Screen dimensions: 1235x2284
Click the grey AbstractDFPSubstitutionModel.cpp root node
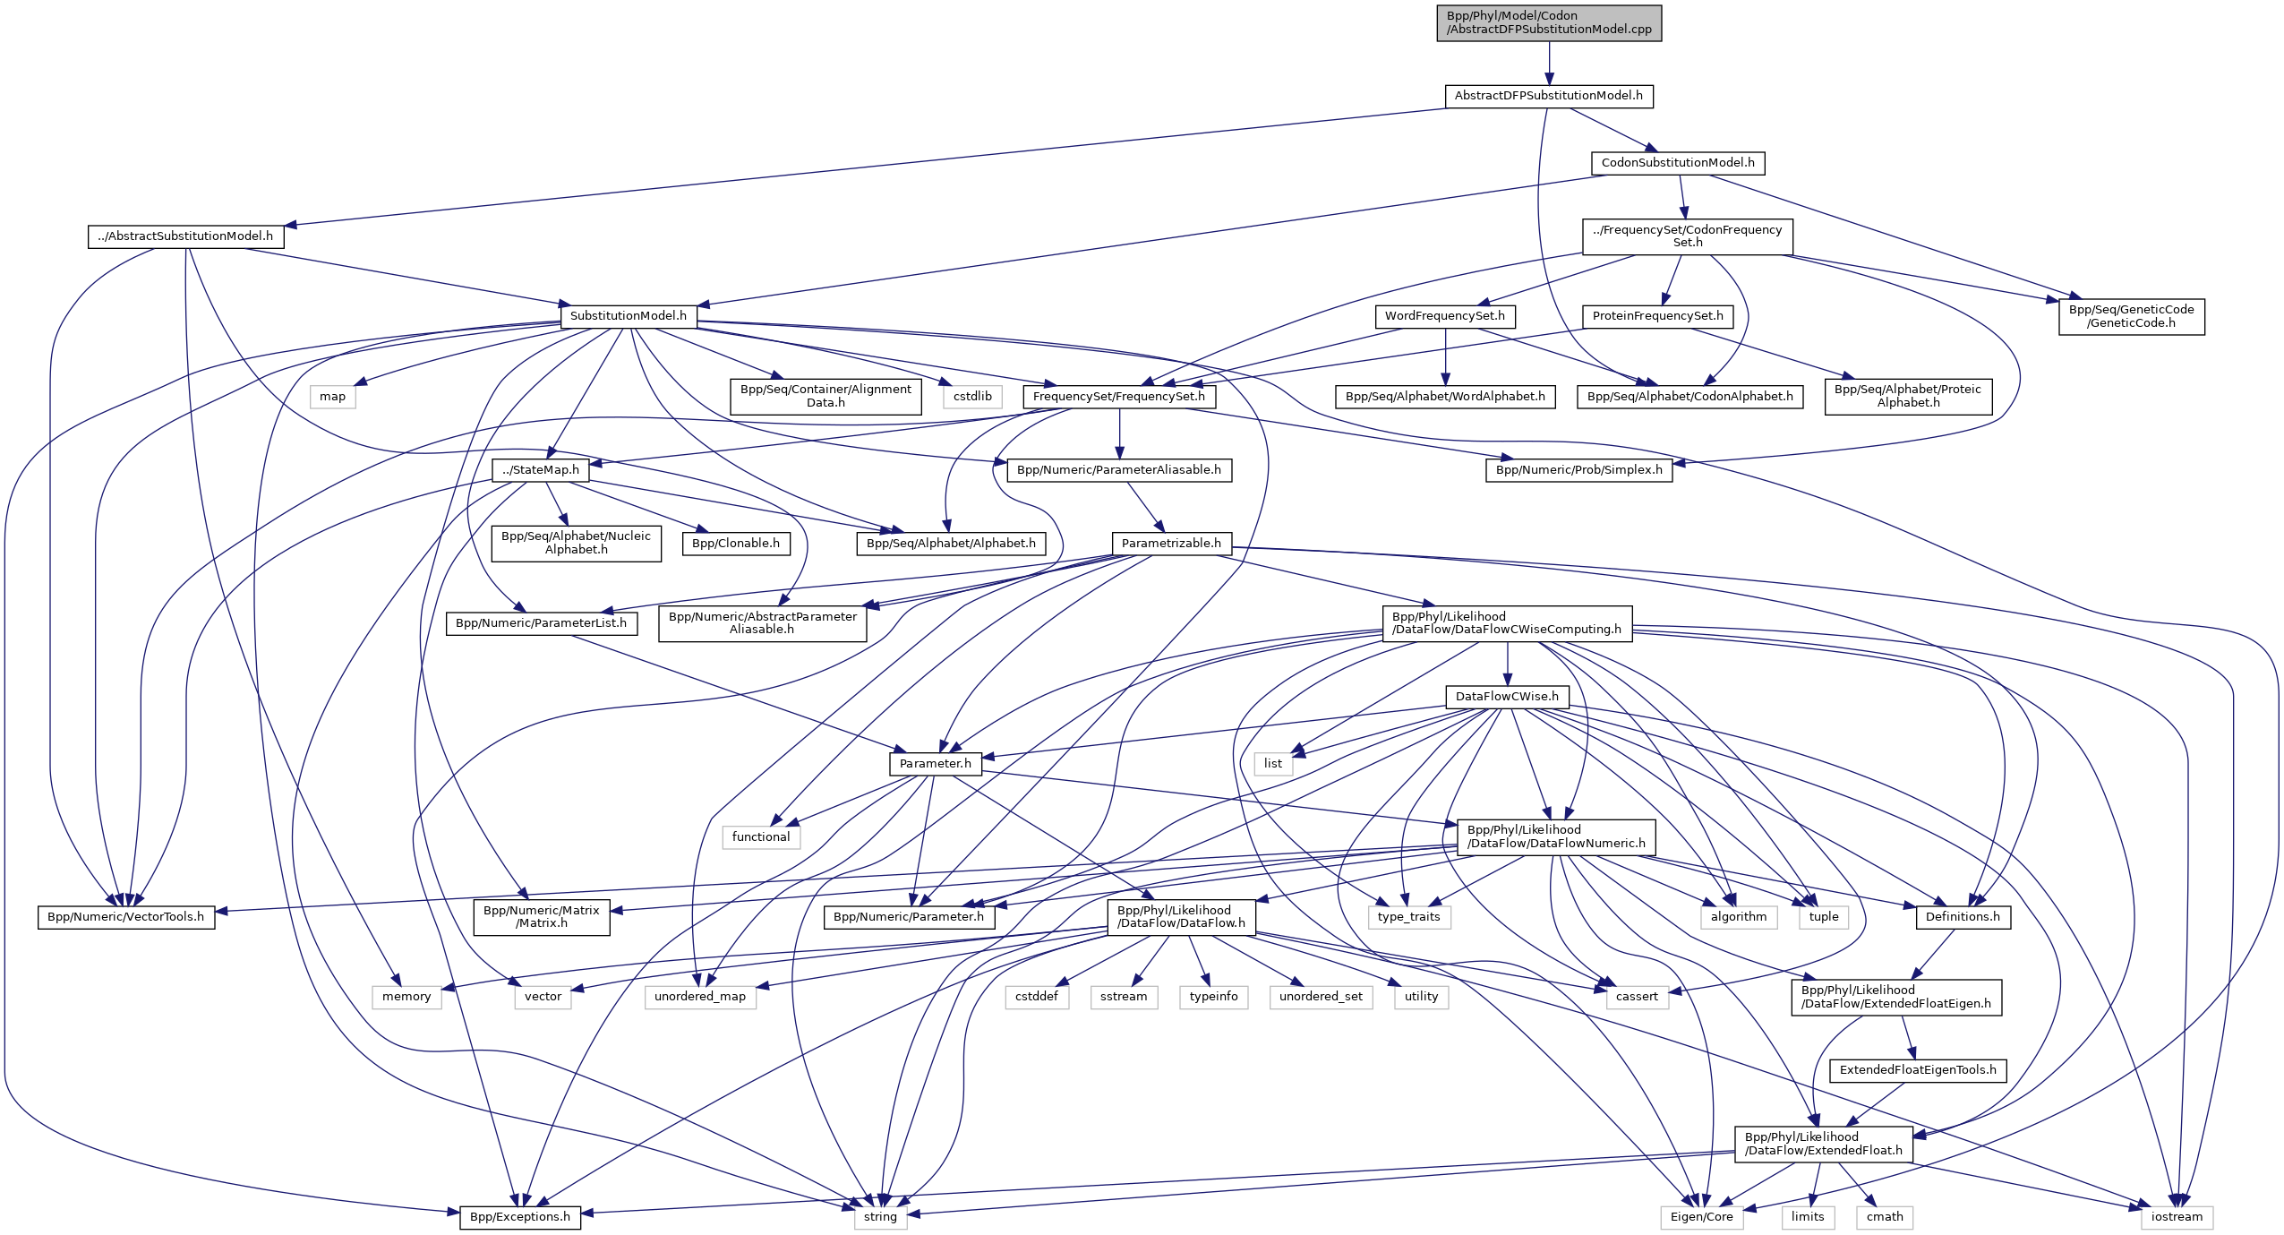[1548, 22]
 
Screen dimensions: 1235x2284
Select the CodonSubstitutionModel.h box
[1677, 163]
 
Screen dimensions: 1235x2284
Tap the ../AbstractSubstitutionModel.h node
[185, 236]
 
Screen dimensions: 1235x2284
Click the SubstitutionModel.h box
[628, 316]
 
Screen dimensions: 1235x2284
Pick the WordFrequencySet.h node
[1444, 316]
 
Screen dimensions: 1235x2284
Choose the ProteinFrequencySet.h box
[1657, 316]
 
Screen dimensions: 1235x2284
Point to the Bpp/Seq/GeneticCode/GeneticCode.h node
[2130, 316]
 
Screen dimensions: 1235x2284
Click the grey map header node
[332, 397]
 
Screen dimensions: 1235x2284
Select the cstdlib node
[972, 397]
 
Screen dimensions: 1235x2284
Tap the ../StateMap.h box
[540, 470]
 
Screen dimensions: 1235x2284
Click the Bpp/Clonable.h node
[735, 544]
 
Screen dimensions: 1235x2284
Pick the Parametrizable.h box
[1170, 544]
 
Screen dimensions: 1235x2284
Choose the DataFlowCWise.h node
[1506, 697]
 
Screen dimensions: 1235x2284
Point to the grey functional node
[760, 837]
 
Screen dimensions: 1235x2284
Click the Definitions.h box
[1962, 917]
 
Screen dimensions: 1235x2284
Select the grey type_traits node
[1408, 917]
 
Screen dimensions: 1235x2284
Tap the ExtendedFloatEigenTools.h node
[1917, 1070]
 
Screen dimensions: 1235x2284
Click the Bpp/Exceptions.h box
[519, 1217]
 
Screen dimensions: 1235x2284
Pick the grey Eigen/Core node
[1700, 1217]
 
